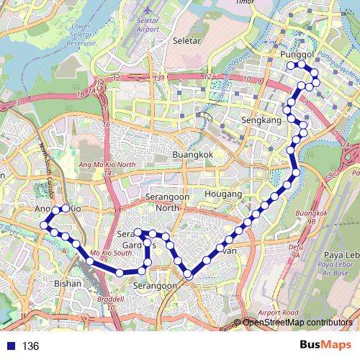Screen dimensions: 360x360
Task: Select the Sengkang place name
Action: coord(256,120)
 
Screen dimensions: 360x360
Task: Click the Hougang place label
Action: coord(222,194)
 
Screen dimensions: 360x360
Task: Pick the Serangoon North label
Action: coord(156,202)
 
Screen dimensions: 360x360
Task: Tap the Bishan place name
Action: coord(68,284)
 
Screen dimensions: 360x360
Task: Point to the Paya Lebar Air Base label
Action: coord(336,265)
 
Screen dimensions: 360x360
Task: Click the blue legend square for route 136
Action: coord(8,346)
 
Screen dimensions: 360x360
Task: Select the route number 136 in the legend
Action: coord(30,346)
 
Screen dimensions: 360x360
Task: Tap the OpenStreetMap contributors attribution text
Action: coord(299,322)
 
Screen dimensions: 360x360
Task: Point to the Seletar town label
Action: coord(186,41)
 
